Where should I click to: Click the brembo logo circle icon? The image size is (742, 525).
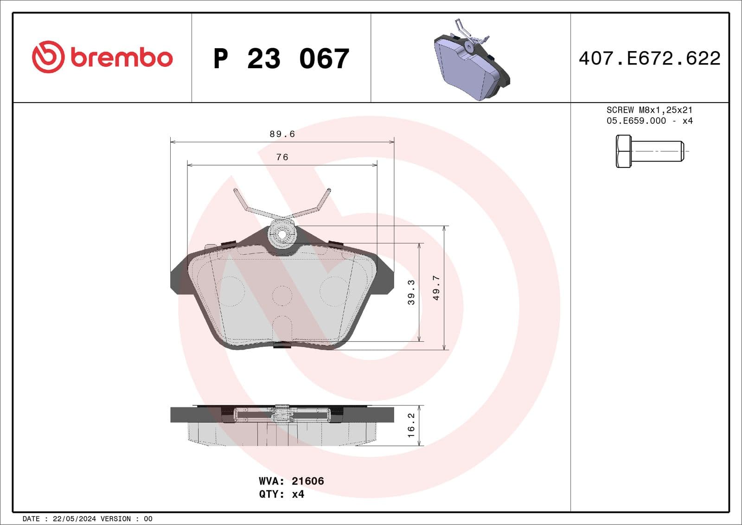tap(48, 57)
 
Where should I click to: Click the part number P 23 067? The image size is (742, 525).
tap(281, 59)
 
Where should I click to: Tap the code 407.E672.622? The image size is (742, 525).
tap(649, 58)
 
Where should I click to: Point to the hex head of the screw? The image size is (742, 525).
tap(623, 151)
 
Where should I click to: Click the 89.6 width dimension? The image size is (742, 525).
tap(282, 134)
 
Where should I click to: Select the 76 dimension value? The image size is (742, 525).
tap(282, 157)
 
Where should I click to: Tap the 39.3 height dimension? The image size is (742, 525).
tap(411, 292)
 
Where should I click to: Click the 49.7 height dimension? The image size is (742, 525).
tap(436, 288)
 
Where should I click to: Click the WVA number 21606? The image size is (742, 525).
tap(307, 481)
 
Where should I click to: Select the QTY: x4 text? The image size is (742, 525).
tap(281, 494)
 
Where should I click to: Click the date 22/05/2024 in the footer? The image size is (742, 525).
tap(74, 519)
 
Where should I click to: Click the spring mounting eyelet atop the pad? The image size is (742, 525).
tap(282, 233)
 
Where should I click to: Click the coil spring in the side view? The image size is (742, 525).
tap(282, 413)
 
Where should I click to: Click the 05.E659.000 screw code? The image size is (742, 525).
tap(636, 121)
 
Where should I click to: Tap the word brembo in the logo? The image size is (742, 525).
tap(122, 58)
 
